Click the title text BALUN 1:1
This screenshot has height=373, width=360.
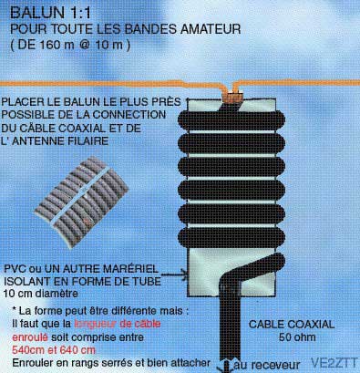point(50,13)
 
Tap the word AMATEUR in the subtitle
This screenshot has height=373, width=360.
point(211,29)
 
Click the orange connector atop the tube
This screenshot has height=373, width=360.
point(233,97)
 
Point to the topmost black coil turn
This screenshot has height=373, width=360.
point(231,120)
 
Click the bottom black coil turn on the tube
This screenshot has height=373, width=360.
point(231,237)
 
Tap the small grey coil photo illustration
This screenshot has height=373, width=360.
point(81,202)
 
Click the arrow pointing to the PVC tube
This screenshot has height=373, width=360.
point(175,274)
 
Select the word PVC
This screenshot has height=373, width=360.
point(15,269)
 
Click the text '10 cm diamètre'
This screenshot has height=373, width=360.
point(41,294)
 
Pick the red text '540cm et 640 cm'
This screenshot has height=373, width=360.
point(54,350)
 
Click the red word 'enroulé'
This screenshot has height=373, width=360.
point(30,337)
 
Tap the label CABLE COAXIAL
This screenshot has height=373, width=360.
point(292,325)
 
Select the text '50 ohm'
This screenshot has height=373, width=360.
point(297,337)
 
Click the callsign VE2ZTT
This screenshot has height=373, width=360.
point(334,363)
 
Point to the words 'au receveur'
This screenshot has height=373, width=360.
point(267,365)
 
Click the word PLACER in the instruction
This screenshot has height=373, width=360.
point(20,101)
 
